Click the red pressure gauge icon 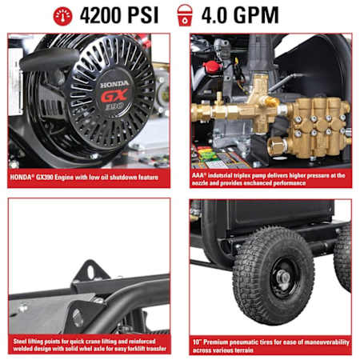coord(62,16)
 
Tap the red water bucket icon coord(185,15)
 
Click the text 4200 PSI coord(119,15)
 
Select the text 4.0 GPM coord(240,15)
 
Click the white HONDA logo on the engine coord(114,85)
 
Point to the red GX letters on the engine coord(114,96)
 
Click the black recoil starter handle coord(49,60)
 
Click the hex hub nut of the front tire coord(283,278)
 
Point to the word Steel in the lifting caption coord(20,342)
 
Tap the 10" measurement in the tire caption coord(197,342)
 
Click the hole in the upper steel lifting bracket coord(90,272)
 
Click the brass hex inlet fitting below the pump coord(278,146)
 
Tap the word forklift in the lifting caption coord(143,349)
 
